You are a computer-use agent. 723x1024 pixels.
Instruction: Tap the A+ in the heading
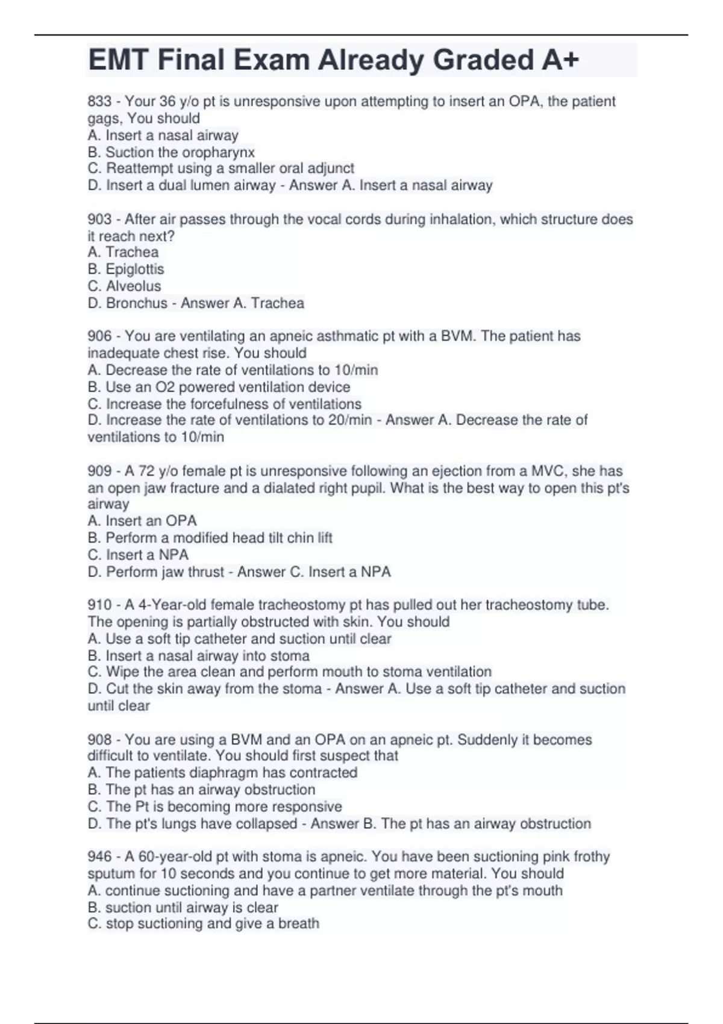pos(560,60)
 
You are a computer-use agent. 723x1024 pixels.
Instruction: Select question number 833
pos(99,101)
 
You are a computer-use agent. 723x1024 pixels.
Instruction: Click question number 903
pos(99,219)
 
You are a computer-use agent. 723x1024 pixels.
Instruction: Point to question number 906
pos(99,336)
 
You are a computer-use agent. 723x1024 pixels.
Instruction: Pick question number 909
pos(99,471)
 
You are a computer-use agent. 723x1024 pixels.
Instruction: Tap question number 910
pos(99,605)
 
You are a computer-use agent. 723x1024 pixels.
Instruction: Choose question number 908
pos(99,740)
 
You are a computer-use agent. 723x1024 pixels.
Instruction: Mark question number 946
pos(99,857)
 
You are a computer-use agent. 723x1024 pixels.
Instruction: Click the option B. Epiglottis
pos(126,269)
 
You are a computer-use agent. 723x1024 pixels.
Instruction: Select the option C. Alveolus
pos(125,286)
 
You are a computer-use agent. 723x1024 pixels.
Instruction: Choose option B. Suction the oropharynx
pos(171,152)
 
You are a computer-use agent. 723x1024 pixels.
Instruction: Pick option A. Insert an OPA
pos(142,521)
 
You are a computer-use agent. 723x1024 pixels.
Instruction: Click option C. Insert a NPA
pos(138,555)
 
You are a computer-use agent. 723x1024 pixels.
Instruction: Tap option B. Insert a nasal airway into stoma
pos(198,655)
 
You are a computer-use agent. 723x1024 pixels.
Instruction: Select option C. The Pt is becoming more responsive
pos(214,807)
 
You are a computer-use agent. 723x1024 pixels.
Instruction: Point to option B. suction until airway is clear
pos(183,908)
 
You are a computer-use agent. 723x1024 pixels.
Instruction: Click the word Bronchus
pos(137,303)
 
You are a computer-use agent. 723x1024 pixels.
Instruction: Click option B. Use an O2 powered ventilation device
pos(219,387)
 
